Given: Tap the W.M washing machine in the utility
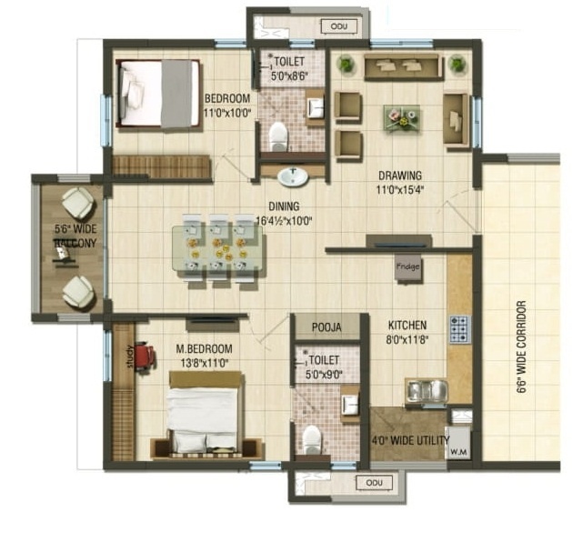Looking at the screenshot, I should [x=458, y=446].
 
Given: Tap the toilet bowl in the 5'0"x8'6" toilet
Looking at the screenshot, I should [x=277, y=136].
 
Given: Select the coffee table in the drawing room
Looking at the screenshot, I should [x=401, y=116].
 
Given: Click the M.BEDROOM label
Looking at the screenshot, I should [x=206, y=348].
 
